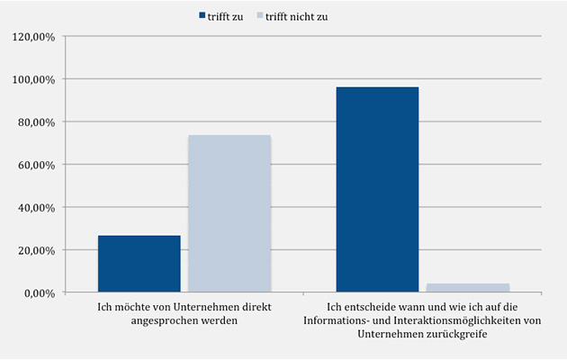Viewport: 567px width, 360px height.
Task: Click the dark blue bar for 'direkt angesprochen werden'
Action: point(139,264)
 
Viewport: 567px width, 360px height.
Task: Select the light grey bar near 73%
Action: point(229,214)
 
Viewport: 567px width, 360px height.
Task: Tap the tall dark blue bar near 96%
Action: point(377,189)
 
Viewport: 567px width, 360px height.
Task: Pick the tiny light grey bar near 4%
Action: point(467,288)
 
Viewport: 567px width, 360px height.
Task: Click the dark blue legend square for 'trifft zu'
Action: point(202,16)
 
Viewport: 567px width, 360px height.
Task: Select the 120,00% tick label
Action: point(33,37)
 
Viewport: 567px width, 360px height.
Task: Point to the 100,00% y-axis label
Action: point(33,79)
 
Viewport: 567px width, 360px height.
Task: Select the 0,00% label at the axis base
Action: point(39,293)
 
